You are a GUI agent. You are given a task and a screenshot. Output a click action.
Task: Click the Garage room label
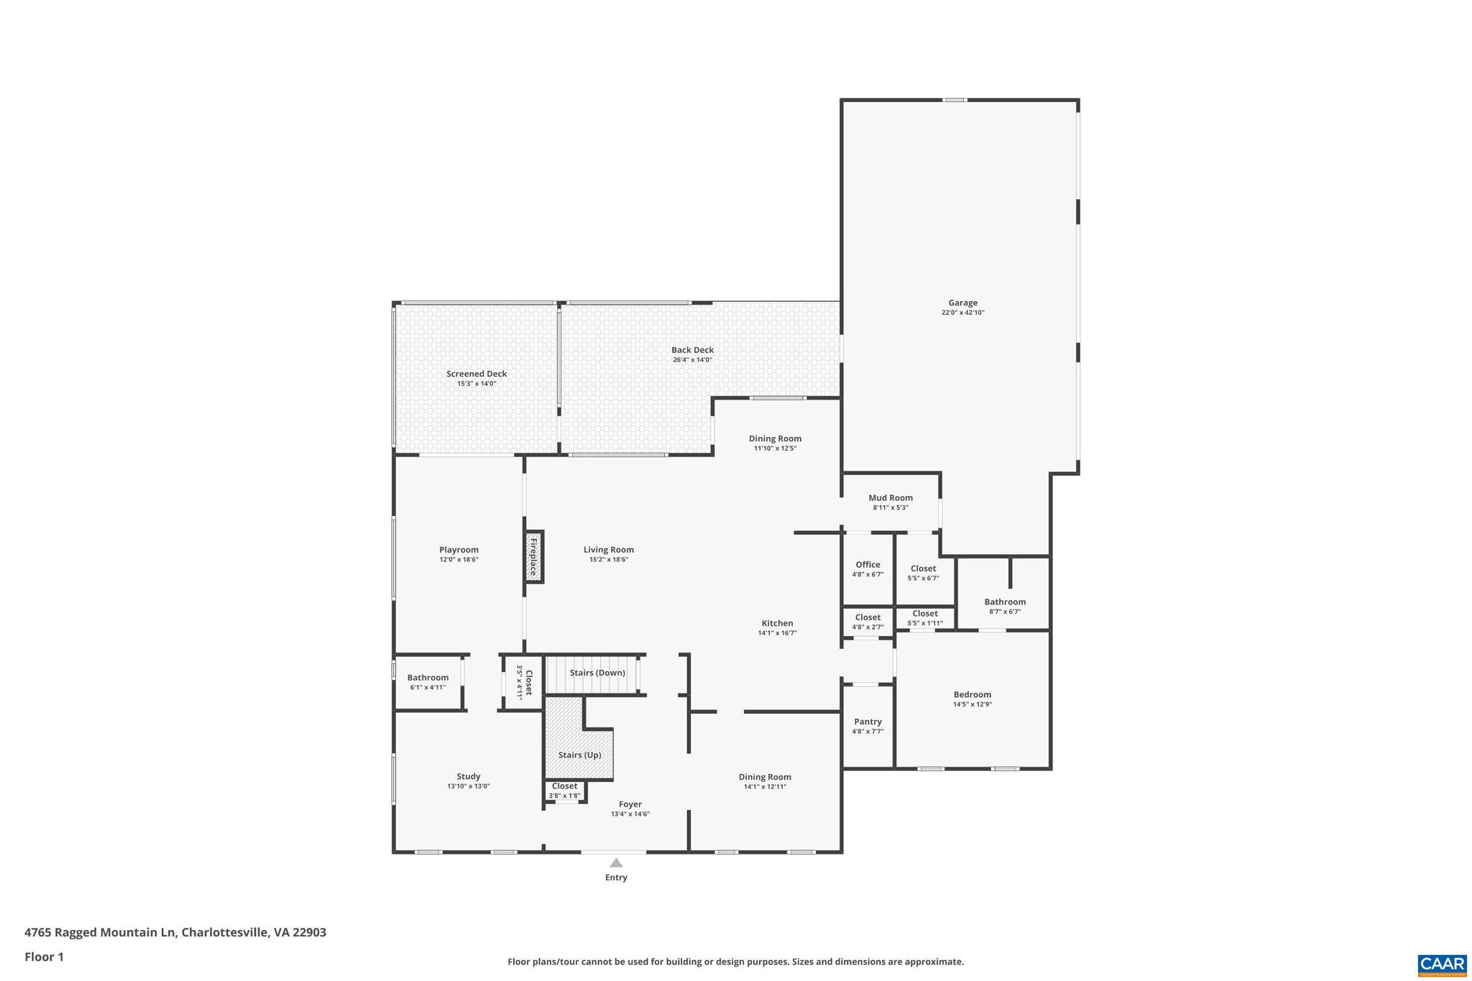(x=962, y=303)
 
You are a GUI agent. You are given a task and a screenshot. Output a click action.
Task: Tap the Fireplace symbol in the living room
(x=533, y=557)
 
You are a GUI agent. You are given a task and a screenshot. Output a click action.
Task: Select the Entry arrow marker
(x=616, y=862)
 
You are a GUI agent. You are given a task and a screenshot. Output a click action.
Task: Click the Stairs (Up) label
(x=579, y=755)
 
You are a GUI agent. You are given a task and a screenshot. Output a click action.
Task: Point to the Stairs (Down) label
(x=597, y=673)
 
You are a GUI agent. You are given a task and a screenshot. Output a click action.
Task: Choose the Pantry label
(x=868, y=722)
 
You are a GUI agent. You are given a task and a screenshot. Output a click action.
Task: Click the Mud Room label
(x=891, y=497)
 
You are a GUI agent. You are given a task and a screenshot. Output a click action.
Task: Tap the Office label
(x=868, y=564)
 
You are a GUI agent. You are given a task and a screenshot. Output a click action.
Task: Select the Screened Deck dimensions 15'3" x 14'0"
(x=477, y=384)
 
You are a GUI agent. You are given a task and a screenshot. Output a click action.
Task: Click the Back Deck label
(x=692, y=350)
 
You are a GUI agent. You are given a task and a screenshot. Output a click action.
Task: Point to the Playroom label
(x=459, y=550)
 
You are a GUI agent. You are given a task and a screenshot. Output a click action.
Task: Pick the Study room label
(x=468, y=776)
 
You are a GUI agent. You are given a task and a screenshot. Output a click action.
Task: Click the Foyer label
(x=630, y=804)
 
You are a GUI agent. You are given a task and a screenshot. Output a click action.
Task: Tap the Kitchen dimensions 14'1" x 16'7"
(x=777, y=633)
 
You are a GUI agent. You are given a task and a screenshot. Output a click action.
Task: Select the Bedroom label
(x=972, y=694)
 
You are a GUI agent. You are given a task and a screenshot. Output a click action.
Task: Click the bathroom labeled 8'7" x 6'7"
(x=1005, y=602)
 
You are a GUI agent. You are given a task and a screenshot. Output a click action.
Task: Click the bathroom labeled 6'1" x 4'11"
(x=428, y=678)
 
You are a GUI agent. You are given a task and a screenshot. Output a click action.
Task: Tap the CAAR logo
(x=1441, y=964)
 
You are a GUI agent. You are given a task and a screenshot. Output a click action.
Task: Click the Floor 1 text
(x=44, y=957)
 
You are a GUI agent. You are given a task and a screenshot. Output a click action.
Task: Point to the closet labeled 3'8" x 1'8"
(x=564, y=786)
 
